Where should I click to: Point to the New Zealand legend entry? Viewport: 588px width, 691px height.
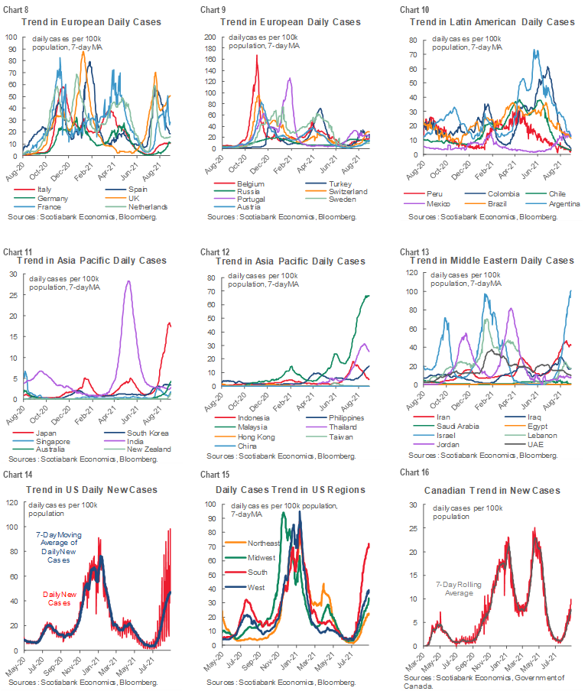pos(145,449)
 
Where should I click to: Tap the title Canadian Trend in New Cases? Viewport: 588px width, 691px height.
pos(492,490)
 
